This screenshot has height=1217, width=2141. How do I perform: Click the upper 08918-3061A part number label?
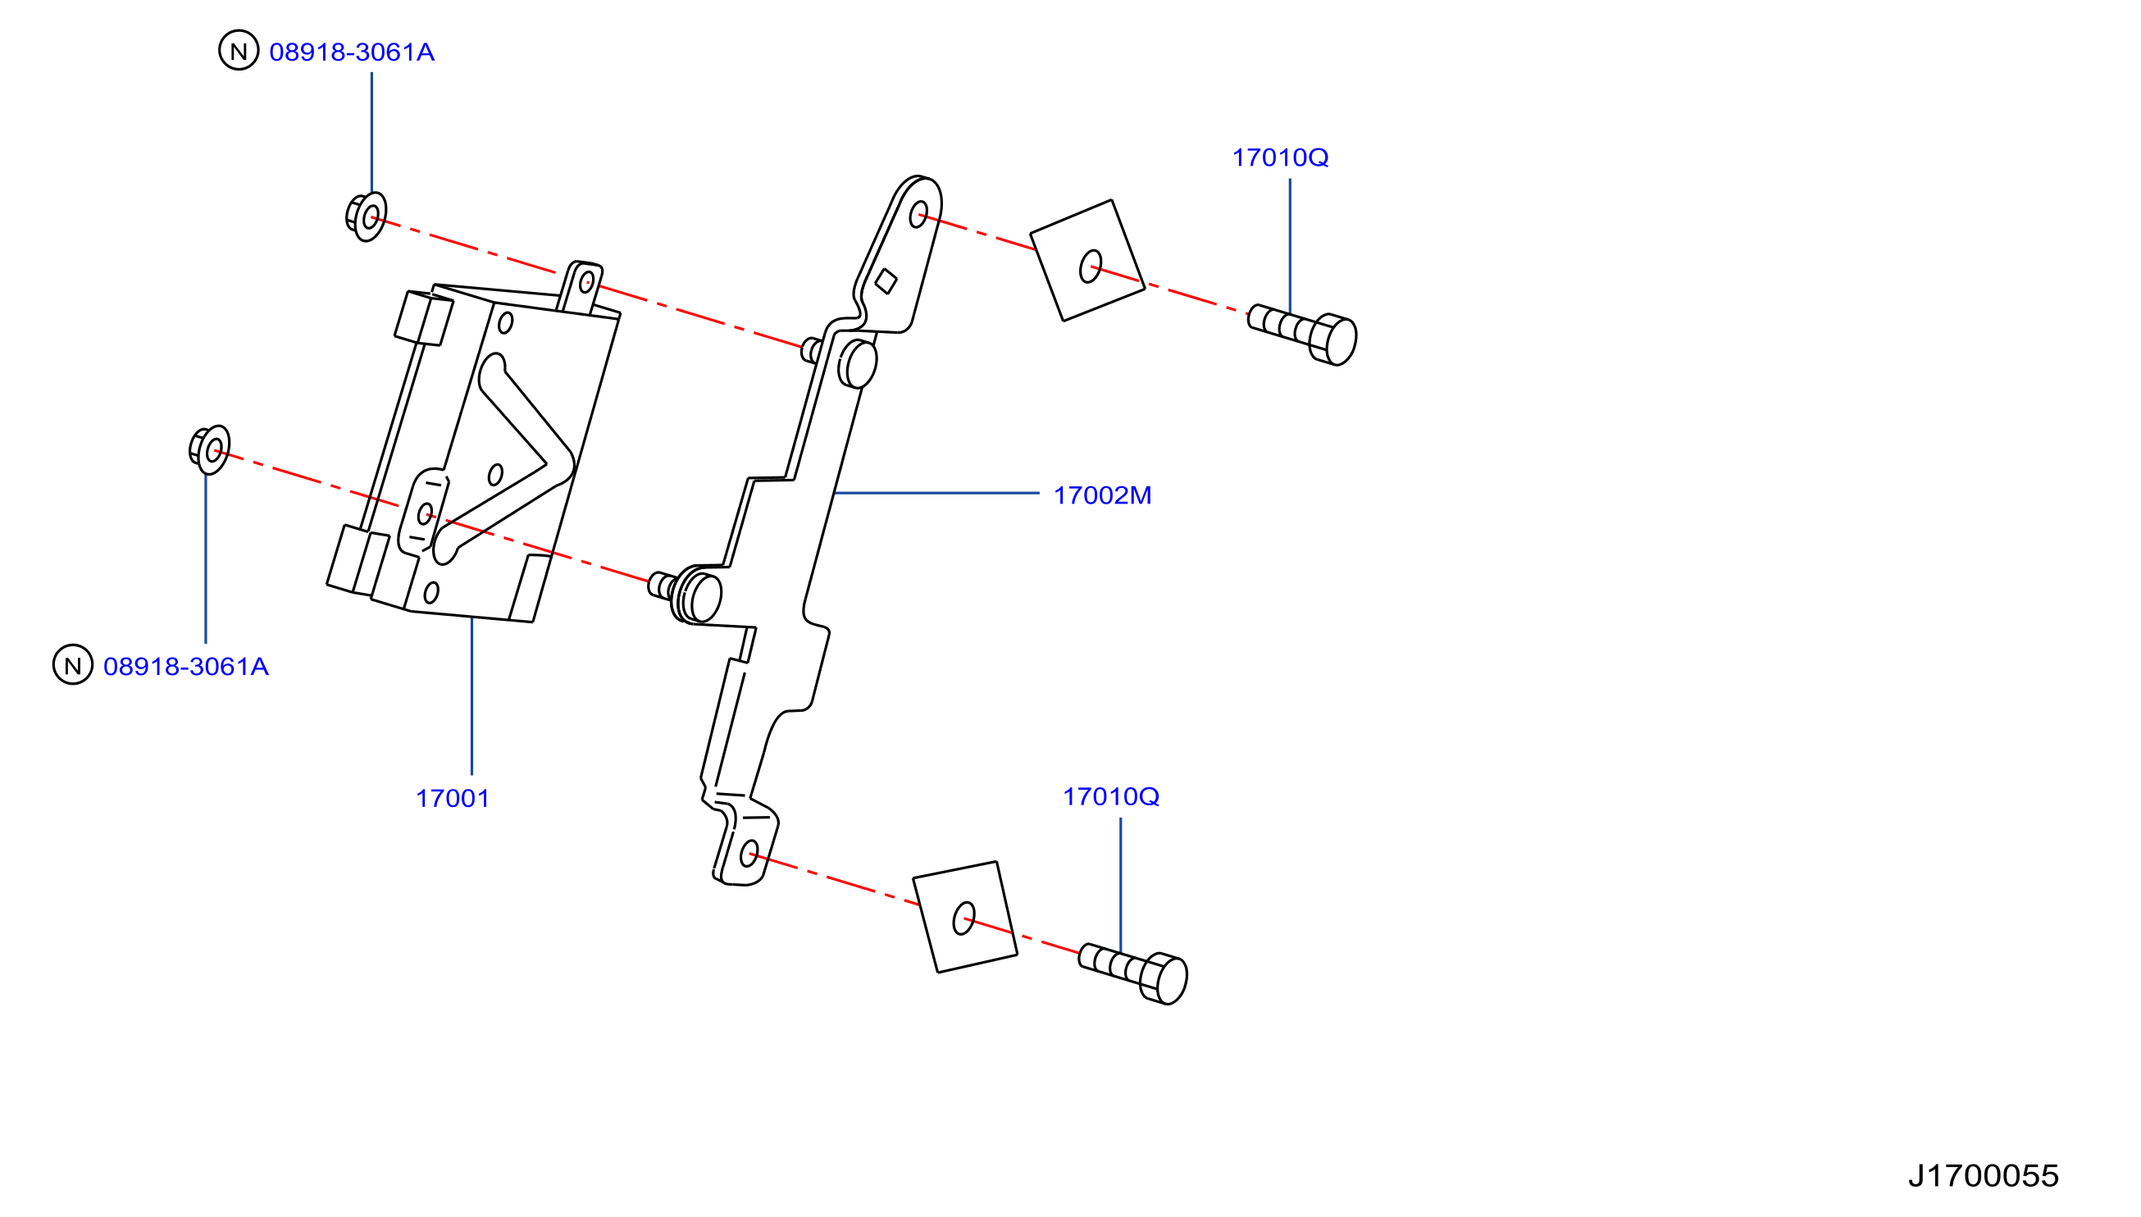click(352, 52)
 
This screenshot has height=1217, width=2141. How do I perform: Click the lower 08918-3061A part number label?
click(185, 666)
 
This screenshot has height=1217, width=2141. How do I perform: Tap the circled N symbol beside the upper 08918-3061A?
click(239, 50)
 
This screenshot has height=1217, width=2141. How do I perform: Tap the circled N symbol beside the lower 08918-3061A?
click(73, 664)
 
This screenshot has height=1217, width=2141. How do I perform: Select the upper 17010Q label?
click(1280, 157)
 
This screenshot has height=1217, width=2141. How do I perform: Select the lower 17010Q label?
click(1110, 796)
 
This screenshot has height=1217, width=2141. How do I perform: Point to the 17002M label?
click(1102, 495)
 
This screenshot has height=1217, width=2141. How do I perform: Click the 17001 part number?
click(452, 798)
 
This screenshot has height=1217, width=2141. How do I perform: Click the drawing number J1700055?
click(1983, 1176)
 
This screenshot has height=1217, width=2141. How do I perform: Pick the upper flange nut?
click(367, 217)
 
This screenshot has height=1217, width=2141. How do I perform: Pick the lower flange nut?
click(210, 449)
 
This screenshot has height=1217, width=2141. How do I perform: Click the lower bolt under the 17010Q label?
click(1133, 973)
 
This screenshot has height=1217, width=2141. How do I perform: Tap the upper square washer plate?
click(1087, 260)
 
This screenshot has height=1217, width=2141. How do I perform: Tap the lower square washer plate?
click(965, 917)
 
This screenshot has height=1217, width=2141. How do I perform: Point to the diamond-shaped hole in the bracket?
click(886, 280)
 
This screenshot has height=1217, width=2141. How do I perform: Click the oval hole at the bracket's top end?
click(918, 214)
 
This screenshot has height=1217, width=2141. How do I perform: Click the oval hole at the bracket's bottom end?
click(749, 854)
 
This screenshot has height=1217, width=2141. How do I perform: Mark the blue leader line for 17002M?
click(936, 493)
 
